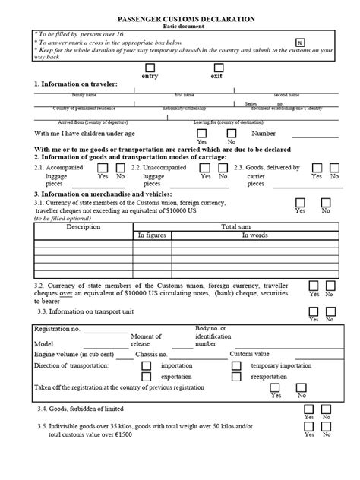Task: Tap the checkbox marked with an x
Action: [x=300, y=43]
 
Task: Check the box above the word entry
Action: [x=149, y=68]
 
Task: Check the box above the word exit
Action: [x=218, y=68]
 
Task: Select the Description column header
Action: [x=83, y=226]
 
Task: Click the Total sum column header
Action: [x=236, y=226]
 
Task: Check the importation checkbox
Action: [x=149, y=365]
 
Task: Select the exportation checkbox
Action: [x=149, y=376]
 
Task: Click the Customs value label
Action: [x=250, y=354]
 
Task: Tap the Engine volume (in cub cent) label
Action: [x=74, y=354]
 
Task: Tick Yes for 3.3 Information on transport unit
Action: [x=312, y=311]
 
